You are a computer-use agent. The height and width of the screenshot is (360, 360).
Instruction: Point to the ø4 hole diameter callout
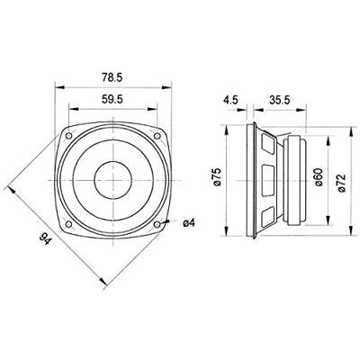coord(188,223)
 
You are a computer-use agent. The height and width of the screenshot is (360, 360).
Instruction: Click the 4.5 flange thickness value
coord(231,102)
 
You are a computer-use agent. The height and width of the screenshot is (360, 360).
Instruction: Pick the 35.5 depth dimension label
coord(277,102)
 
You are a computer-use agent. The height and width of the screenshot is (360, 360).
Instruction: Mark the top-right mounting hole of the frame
coord(157,136)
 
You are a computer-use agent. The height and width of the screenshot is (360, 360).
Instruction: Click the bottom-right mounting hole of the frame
coord(157,222)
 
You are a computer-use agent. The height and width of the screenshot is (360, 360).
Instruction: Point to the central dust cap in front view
coord(114,179)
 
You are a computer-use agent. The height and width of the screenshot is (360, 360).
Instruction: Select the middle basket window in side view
coord(267,177)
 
